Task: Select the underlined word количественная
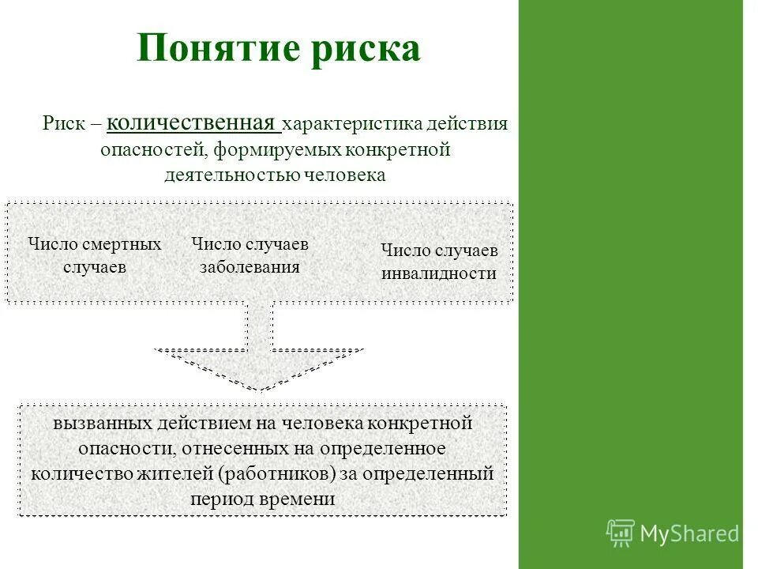[193, 124]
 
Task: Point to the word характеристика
[351, 125]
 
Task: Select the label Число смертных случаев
[95, 255]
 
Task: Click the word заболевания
[250, 266]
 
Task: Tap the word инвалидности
[439, 273]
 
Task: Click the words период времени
[262, 499]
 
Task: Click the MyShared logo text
[689, 533]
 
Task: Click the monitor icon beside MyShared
[621, 533]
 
